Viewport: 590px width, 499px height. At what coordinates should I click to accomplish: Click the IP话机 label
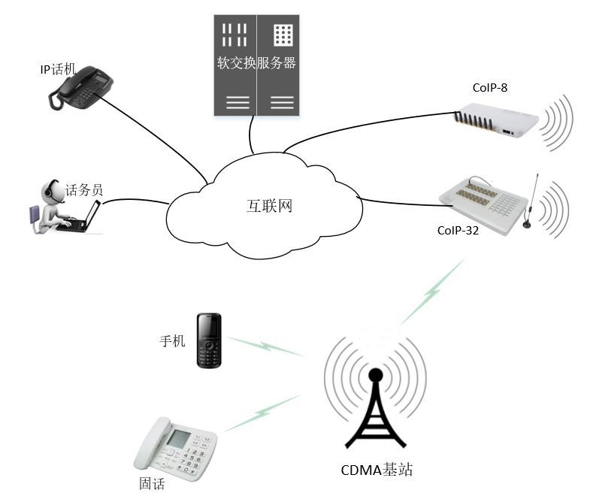58,69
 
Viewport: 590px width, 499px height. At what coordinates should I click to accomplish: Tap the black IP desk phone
81,87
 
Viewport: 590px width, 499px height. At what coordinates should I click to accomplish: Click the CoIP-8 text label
490,88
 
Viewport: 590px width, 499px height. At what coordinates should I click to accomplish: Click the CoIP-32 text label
458,231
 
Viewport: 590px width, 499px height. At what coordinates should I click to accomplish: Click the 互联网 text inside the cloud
269,205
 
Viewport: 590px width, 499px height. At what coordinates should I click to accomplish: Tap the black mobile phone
209,340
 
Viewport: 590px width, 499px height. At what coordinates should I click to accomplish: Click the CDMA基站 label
377,471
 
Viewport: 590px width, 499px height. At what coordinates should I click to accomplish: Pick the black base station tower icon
375,410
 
